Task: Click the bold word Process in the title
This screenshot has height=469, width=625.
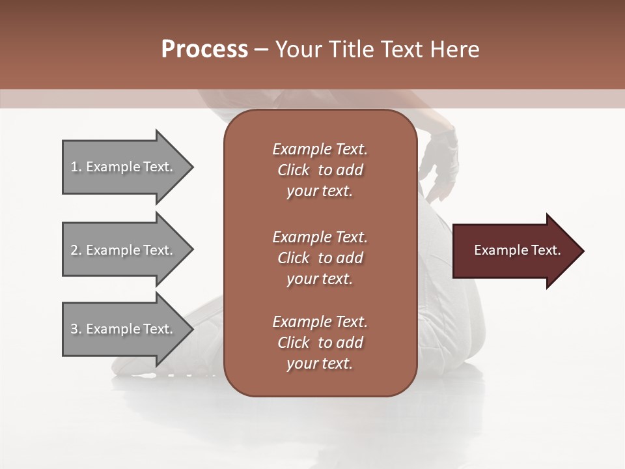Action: (x=204, y=50)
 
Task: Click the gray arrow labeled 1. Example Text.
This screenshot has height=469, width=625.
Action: (x=124, y=167)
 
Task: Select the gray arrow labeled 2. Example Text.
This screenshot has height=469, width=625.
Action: (x=124, y=250)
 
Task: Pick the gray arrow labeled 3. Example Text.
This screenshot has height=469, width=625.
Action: (x=124, y=329)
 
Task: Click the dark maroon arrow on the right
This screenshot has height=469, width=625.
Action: (x=514, y=251)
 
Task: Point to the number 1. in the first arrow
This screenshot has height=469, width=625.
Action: (x=76, y=167)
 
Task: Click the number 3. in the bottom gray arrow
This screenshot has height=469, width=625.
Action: (x=76, y=330)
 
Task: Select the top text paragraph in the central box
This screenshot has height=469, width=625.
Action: (x=320, y=170)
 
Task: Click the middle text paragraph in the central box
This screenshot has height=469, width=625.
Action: (x=320, y=258)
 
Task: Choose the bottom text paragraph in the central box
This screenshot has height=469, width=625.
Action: (x=320, y=343)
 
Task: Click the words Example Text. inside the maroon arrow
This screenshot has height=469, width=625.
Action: (x=517, y=250)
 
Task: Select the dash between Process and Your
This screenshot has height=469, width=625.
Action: (x=262, y=50)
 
